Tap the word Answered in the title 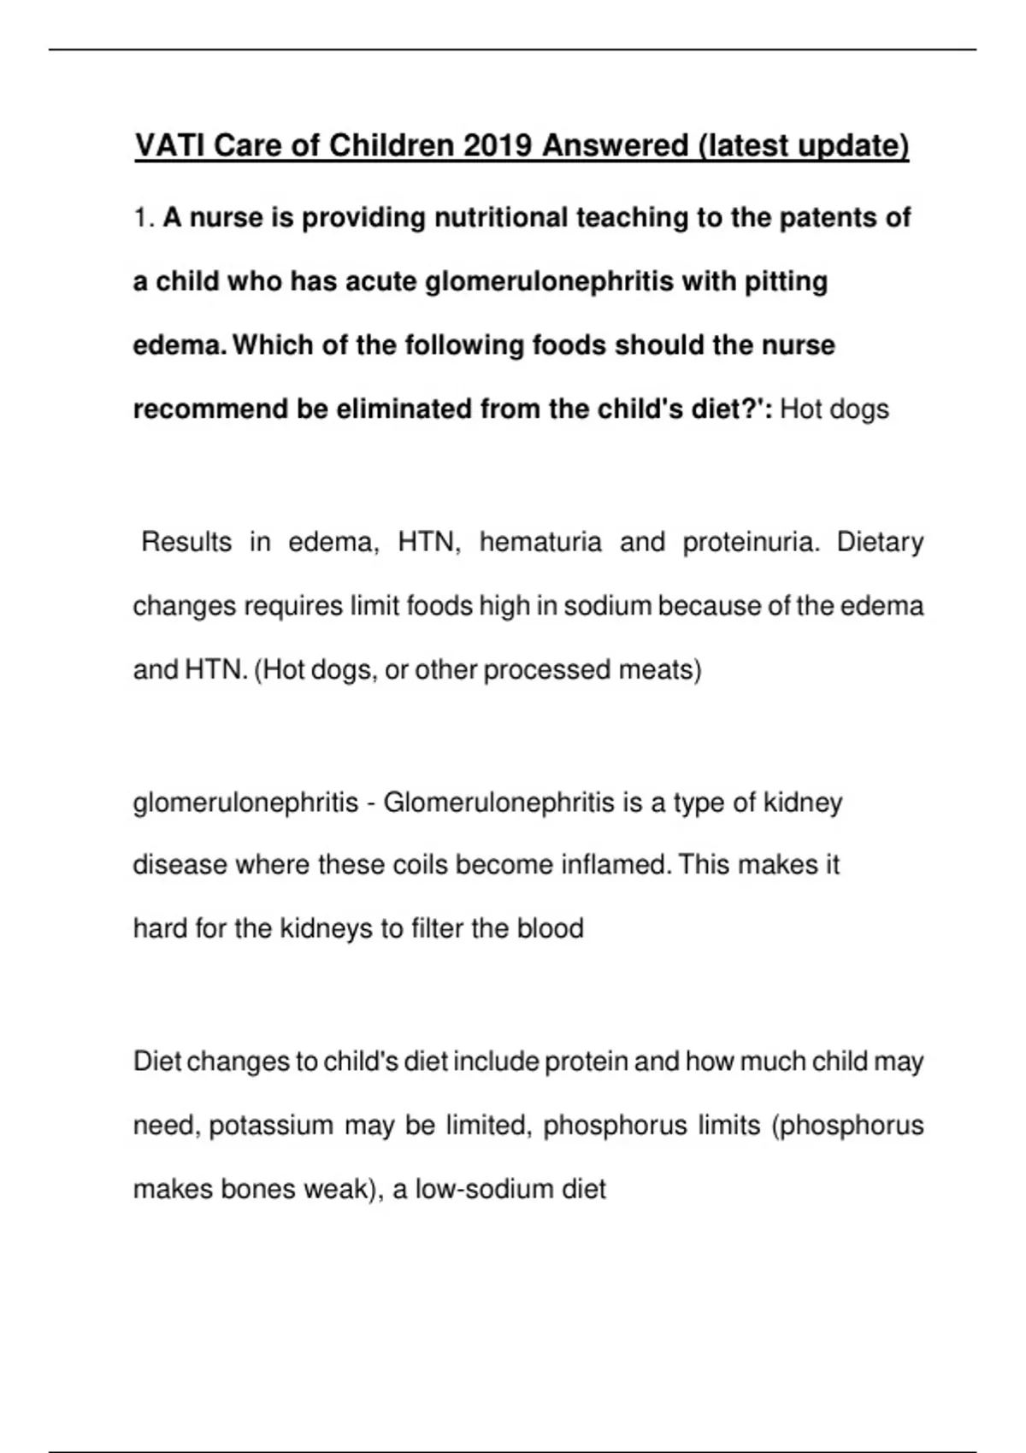click(615, 145)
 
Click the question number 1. click(142, 218)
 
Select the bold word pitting click(786, 281)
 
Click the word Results click(186, 542)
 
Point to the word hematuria click(540, 542)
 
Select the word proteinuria click(750, 542)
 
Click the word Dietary click(880, 542)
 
